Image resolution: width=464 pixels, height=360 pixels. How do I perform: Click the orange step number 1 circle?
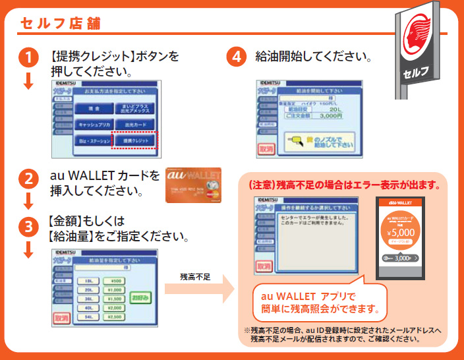[28, 58]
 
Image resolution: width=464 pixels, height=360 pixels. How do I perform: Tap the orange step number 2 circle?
[28, 179]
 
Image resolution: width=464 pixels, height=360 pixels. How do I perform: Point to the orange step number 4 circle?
[237, 58]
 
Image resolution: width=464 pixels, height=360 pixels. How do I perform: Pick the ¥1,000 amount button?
[114, 289]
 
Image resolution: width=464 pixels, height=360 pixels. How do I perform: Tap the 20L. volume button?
[88, 289]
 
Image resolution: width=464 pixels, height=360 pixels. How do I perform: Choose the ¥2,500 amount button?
[114, 317]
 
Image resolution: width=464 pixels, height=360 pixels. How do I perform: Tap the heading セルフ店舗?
[59, 24]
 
